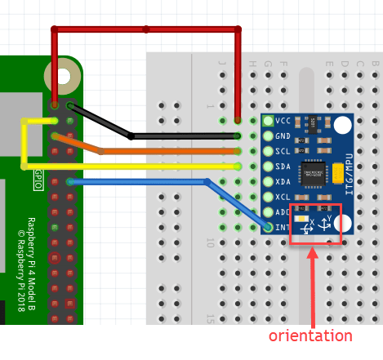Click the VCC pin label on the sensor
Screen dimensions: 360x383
(283, 121)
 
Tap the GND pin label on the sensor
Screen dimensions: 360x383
(283, 136)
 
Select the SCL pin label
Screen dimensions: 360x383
(283, 151)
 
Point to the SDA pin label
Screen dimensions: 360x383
(283, 167)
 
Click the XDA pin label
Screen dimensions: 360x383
(283, 182)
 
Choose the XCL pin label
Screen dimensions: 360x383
(283, 197)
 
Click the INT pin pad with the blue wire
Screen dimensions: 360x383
(269, 227)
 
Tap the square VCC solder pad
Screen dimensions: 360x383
(269, 121)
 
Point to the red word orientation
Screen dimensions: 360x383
(310, 336)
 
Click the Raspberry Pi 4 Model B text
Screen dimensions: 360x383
(31, 249)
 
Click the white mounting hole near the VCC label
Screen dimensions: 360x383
(342, 125)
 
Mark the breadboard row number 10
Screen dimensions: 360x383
(209, 243)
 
